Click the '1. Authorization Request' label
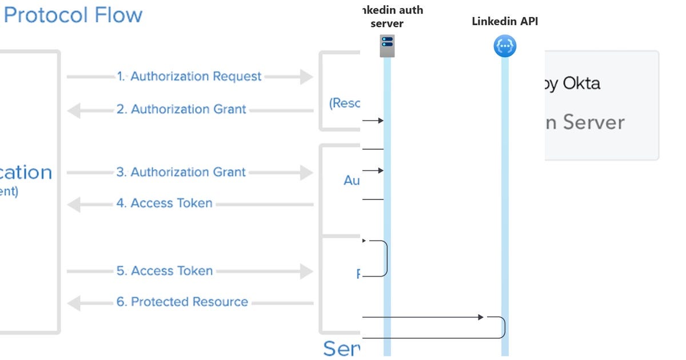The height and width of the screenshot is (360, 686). click(189, 77)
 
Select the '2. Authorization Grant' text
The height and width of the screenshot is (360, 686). click(181, 109)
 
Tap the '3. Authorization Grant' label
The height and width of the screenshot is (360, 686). click(181, 172)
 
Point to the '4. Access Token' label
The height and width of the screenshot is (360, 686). click(164, 203)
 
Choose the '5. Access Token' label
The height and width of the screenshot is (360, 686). click(165, 271)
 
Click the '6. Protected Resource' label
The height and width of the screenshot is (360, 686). click(182, 302)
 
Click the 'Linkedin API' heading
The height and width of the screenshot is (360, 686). click(505, 22)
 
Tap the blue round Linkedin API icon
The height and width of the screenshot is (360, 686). click(505, 46)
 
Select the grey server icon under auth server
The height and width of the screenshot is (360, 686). click(387, 46)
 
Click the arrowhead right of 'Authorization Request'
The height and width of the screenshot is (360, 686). click(306, 77)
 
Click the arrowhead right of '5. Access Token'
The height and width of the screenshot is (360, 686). click(306, 271)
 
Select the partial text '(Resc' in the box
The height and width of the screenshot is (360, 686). click(345, 103)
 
